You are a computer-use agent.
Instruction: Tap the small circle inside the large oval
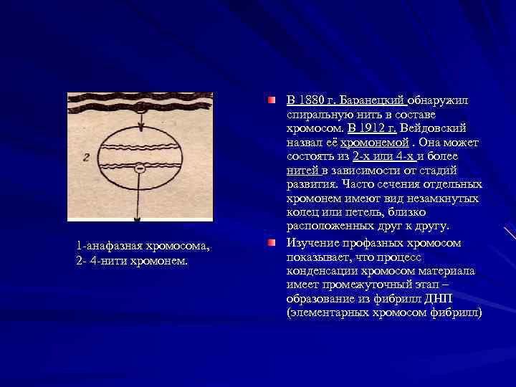140,168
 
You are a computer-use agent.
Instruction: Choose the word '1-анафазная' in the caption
107,247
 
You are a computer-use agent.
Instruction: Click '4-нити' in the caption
103,259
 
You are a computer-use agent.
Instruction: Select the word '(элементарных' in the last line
325,313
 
